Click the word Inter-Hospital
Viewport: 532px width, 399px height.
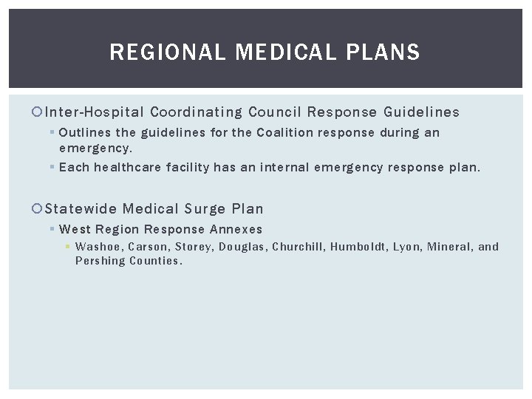(x=95, y=112)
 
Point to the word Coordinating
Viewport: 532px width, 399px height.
(x=196, y=112)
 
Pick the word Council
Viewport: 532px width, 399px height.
(x=275, y=112)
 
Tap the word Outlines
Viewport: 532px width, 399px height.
(x=84, y=133)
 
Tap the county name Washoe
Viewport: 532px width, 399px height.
(x=98, y=247)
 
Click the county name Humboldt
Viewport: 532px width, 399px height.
(x=360, y=247)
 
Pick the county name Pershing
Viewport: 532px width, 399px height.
(x=100, y=261)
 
